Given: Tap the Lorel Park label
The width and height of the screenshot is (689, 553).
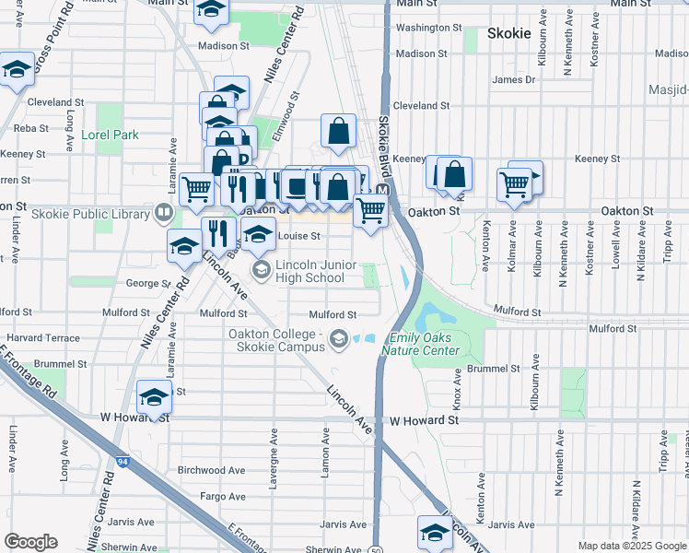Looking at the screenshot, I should click(110, 135).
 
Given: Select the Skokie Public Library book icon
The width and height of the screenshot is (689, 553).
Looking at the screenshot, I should click(162, 214).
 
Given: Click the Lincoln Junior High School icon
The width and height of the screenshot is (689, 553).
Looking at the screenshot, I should click(261, 268).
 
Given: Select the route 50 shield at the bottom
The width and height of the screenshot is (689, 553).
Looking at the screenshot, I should click(377, 549).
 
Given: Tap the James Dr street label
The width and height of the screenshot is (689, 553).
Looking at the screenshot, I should click(513, 80).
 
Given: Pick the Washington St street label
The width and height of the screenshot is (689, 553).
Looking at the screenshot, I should click(428, 28).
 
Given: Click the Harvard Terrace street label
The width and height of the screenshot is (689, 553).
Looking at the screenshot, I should click(43, 338).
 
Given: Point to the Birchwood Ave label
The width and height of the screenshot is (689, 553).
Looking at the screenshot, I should click(211, 470).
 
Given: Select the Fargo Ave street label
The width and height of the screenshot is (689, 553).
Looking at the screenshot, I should click(223, 496).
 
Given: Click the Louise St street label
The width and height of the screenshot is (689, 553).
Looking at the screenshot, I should click(298, 236).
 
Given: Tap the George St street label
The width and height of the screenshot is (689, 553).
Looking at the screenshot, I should click(145, 284).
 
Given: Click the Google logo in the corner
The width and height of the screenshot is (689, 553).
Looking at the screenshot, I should click(30, 542).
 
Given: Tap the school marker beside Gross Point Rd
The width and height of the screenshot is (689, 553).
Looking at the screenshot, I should click(16, 72).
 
